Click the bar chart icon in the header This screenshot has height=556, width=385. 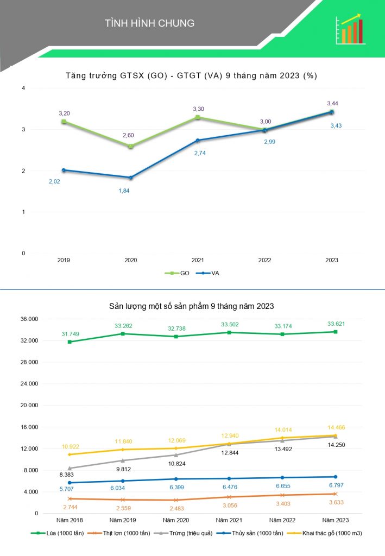click(x=350, y=29)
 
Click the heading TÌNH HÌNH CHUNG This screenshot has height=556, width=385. click(x=149, y=23)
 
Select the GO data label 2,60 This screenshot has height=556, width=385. click(x=131, y=136)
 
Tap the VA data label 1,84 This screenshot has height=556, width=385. click(x=124, y=191)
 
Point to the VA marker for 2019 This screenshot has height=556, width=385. click(x=64, y=170)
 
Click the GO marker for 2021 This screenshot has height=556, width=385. click(x=198, y=117)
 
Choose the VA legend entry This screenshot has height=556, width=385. click(x=207, y=273)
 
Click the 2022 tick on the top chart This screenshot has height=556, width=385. click(x=264, y=261)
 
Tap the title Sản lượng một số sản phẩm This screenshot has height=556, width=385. click(x=192, y=306)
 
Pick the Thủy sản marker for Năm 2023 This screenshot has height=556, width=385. click(x=335, y=477)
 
